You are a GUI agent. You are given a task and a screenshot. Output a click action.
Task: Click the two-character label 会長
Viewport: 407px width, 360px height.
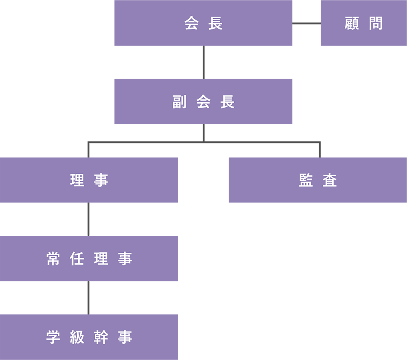click(x=203, y=24)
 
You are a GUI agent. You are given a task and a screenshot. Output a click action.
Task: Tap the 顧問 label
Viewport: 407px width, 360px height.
click(x=363, y=24)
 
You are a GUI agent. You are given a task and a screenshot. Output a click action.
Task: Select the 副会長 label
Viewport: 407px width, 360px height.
click(x=203, y=102)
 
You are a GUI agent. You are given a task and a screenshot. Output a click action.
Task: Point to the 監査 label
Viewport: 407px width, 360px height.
click(x=318, y=180)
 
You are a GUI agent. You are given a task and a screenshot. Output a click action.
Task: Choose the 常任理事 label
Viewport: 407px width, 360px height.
click(x=89, y=259)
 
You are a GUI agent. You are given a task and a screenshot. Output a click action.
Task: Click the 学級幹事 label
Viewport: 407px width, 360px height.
click(x=89, y=337)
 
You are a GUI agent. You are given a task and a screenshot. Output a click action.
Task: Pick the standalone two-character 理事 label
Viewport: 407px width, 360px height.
click(x=89, y=180)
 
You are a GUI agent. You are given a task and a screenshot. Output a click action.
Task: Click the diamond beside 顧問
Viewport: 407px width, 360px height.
click(x=306, y=23)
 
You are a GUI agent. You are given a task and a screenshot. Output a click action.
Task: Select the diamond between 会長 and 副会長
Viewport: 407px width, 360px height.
click(x=203, y=62)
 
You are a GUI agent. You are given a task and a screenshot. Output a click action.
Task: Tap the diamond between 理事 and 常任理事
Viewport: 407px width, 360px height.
click(x=88, y=219)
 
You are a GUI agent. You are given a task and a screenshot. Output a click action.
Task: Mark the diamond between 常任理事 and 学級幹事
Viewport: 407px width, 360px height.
click(x=88, y=298)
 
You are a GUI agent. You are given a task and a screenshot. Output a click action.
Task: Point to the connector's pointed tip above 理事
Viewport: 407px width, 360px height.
click(x=88, y=155)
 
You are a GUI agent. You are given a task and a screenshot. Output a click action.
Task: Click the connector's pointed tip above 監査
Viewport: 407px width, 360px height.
click(x=319, y=155)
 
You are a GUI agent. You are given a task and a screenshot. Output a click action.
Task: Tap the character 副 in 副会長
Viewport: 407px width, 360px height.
click(x=179, y=102)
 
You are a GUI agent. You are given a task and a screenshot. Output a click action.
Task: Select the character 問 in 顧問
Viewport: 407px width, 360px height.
click(x=375, y=24)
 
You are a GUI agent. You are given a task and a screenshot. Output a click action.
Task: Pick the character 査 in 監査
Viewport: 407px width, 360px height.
click(x=330, y=180)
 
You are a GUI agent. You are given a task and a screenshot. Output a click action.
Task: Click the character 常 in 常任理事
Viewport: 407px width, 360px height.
click(x=53, y=259)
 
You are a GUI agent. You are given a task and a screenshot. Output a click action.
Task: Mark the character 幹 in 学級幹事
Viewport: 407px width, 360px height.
click(x=101, y=337)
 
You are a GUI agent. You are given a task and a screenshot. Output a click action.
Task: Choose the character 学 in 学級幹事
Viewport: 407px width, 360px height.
click(x=53, y=337)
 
